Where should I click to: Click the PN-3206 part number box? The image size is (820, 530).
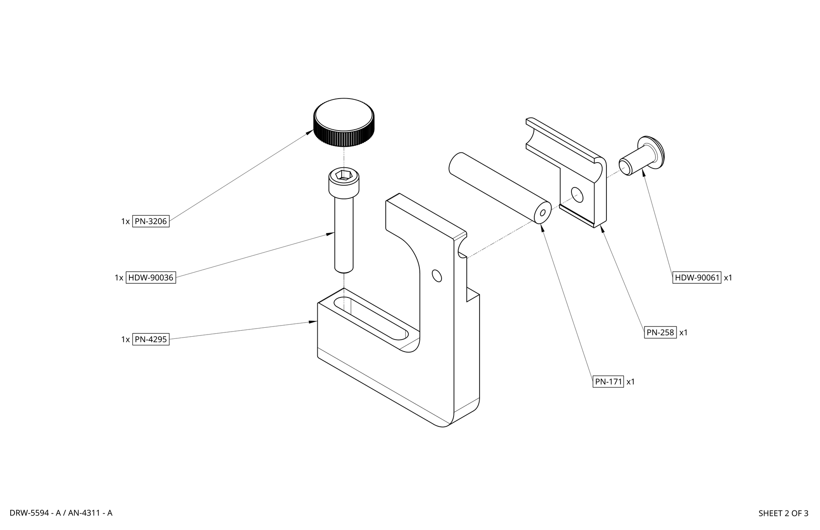point(151,221)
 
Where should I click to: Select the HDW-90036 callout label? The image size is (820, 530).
point(151,277)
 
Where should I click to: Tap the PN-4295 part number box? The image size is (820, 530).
point(151,339)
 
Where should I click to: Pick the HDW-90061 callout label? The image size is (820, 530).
point(697,277)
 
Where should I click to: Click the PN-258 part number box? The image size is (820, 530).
point(660,332)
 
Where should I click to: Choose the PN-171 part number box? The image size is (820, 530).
point(609,381)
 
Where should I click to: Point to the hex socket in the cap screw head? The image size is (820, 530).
point(343,175)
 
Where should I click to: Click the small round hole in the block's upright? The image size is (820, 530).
point(436,276)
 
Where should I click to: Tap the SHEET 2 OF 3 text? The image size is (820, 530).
point(783,513)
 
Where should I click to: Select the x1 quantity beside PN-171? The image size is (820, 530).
point(631,382)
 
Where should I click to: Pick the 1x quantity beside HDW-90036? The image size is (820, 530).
point(119,278)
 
